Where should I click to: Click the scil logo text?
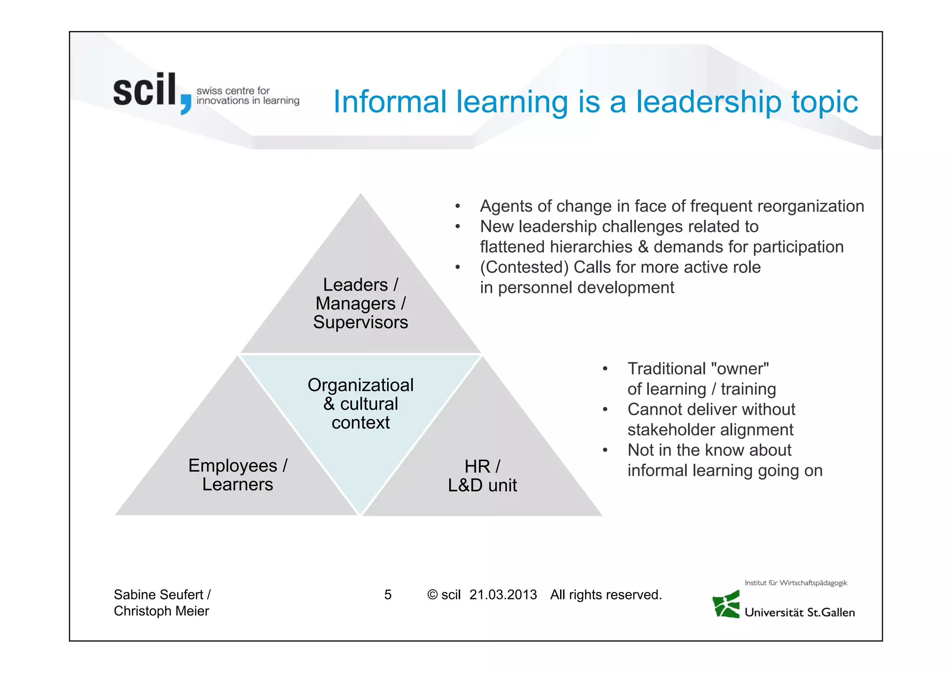pos(145,91)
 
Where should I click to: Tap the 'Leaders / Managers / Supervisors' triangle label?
pos(360,304)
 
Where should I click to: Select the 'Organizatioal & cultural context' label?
pos(360,404)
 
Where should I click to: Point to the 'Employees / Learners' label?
pos(238,475)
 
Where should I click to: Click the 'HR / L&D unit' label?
pos(482,476)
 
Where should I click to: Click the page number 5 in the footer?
pos(388,595)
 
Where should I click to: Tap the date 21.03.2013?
pos(503,595)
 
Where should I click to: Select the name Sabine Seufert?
pos(159,595)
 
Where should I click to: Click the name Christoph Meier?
pos(161,611)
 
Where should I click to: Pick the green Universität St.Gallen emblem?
pos(726,604)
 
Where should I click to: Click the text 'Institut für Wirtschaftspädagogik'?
pos(796,583)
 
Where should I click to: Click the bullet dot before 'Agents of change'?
pos(458,206)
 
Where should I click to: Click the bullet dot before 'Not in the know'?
pos(605,450)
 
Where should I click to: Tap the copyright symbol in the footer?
pos(432,595)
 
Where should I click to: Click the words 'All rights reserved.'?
pos(606,595)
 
